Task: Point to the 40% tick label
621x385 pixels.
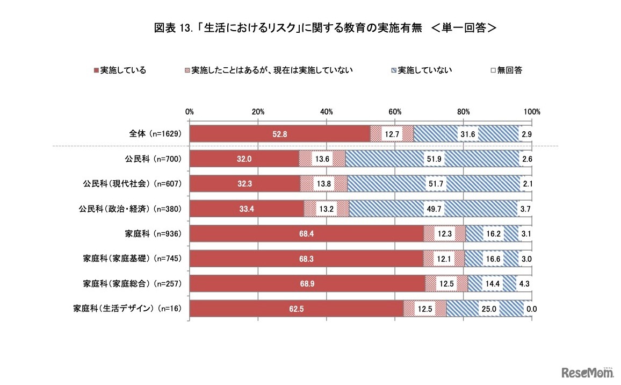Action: [327, 111]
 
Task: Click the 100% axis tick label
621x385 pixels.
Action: [532, 111]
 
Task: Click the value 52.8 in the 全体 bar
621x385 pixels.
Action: [280, 134]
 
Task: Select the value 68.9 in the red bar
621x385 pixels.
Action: [307, 284]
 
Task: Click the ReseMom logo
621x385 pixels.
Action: [588, 372]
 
